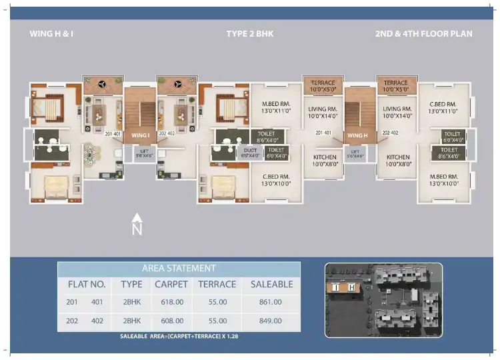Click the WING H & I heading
[x=52, y=33]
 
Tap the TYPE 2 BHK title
[x=250, y=33]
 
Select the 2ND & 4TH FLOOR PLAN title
[x=424, y=33]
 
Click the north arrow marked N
[x=137, y=225]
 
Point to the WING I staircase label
[x=140, y=135]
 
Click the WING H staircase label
[x=357, y=135]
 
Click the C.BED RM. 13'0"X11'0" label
[x=442, y=108]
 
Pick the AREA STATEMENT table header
[x=179, y=268]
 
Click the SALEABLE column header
[x=271, y=284]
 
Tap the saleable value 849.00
[x=271, y=321]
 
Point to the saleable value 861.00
[x=271, y=302]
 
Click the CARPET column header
[x=171, y=284]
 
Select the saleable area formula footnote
[x=179, y=337]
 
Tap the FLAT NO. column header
[x=87, y=284]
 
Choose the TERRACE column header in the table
[x=217, y=284]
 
